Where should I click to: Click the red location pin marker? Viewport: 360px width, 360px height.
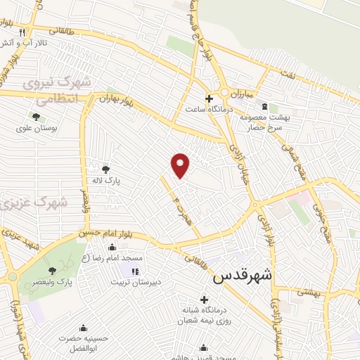pyautogui.click(x=181, y=165)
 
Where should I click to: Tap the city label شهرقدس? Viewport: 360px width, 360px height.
pyautogui.click(x=243, y=276)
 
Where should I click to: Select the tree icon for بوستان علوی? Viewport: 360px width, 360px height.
pyautogui.click(x=36, y=117)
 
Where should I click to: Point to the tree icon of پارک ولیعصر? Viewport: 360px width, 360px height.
pyautogui.click(x=52, y=271)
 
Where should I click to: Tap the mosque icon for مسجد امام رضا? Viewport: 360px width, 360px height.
pyautogui.click(x=112, y=247)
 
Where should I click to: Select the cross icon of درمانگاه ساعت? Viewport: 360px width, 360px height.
pyautogui.click(x=209, y=98)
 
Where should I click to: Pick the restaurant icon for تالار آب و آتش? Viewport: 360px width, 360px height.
pyautogui.click(x=22, y=32)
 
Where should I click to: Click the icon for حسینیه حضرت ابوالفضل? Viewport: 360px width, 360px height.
pyautogui.click(x=83, y=328)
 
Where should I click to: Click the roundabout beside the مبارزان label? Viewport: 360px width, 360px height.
pyautogui.click(x=226, y=93)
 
